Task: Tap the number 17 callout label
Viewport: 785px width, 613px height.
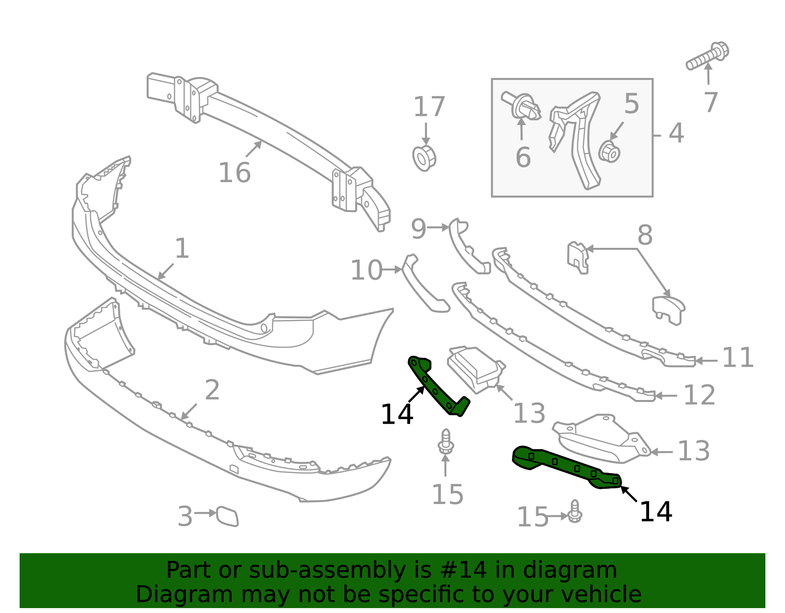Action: [x=429, y=107]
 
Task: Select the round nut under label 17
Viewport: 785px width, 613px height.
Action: [x=424, y=158]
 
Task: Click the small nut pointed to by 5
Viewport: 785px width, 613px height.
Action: [x=609, y=152]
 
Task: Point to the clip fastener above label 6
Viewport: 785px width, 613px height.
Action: [x=521, y=107]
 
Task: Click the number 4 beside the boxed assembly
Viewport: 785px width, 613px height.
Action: [x=676, y=133]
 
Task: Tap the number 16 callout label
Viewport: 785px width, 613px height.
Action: [x=235, y=173]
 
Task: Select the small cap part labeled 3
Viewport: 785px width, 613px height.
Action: [x=227, y=516]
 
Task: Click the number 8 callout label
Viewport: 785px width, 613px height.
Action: [x=645, y=235]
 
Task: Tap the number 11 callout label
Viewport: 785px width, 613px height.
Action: [x=738, y=358]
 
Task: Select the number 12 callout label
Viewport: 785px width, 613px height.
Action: [x=700, y=395]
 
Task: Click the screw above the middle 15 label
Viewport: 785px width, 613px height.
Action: [x=446, y=442]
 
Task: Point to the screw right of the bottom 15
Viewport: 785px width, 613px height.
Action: [x=575, y=511]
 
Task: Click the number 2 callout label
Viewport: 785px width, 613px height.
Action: [x=212, y=390]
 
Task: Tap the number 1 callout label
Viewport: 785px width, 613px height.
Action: [x=182, y=248]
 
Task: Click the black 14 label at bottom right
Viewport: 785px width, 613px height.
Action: [x=655, y=512]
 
